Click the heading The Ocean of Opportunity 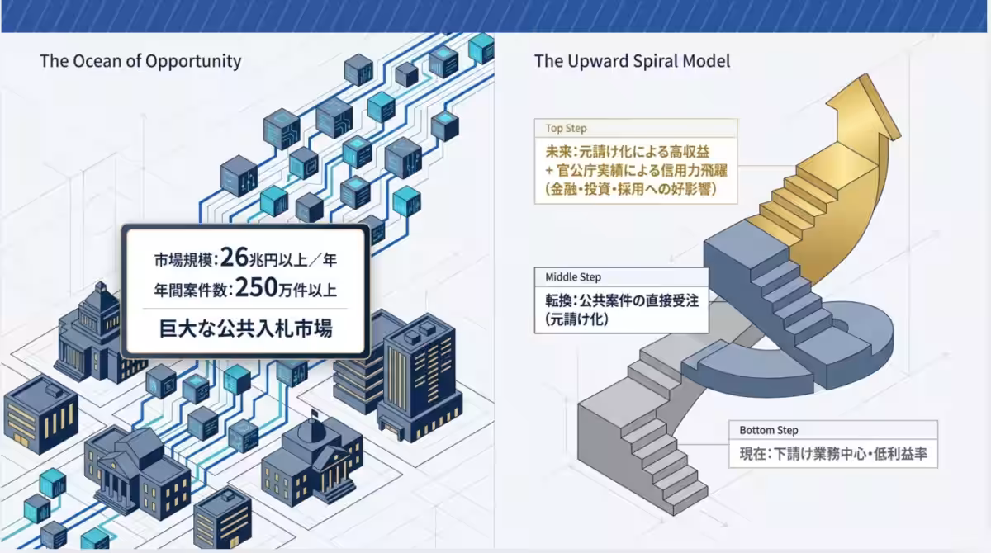click(x=140, y=61)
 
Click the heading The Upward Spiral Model click(x=633, y=61)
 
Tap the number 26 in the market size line click(x=234, y=258)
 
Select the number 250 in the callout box click(x=256, y=287)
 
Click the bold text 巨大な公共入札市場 click(x=245, y=328)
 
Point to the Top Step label click(x=566, y=128)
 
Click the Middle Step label click(x=573, y=277)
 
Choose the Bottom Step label click(x=769, y=430)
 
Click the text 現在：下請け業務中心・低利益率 click(x=833, y=454)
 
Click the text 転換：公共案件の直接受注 click(x=622, y=300)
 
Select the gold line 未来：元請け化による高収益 click(x=628, y=152)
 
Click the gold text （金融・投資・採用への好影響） click(x=630, y=189)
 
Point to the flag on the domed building click(x=315, y=414)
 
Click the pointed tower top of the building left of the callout click(x=101, y=287)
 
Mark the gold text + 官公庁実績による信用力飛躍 click(x=636, y=170)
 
